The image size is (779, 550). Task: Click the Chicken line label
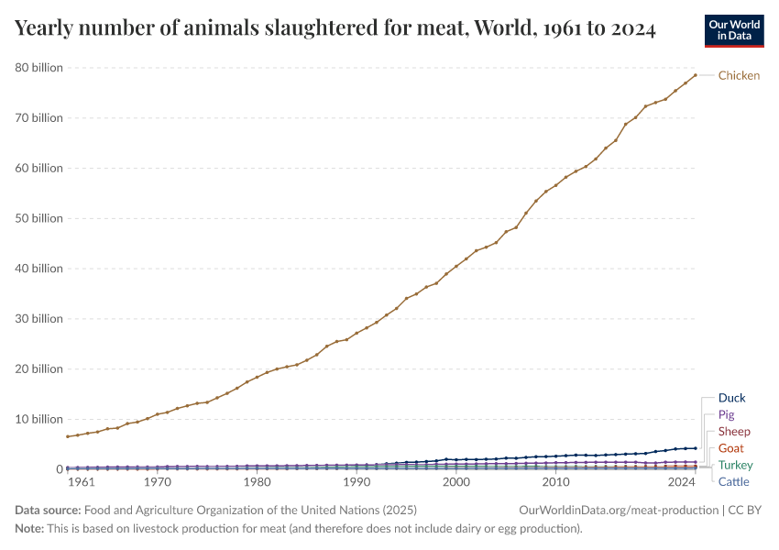pos(739,75)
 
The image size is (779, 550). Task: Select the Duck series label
pos(731,398)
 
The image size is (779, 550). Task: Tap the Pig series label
pos(726,414)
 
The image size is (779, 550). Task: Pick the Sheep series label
pos(734,431)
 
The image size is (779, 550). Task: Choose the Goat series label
pos(731,448)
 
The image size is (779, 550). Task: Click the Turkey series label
pos(735,465)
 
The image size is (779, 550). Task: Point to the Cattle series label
pos(733,481)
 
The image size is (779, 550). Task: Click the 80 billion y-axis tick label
pos(38,68)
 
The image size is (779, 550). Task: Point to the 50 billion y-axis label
pos(38,218)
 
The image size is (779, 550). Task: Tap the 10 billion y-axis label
pos(38,419)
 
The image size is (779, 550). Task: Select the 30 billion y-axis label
pos(38,319)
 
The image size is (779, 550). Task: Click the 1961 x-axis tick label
pos(81,481)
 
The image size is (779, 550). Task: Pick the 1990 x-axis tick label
pos(357,481)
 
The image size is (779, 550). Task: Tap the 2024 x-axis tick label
pos(681,481)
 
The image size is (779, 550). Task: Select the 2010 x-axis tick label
pos(555,481)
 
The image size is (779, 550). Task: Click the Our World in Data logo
pos(733,30)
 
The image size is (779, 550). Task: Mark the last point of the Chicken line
pos(696,75)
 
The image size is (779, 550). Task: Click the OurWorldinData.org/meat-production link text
pos(618,510)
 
